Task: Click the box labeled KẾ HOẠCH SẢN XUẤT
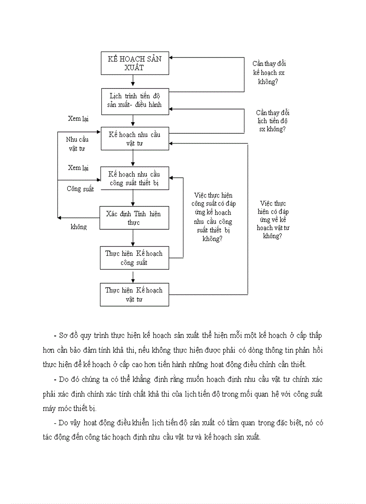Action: (x=134, y=63)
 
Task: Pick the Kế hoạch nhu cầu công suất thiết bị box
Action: (x=134, y=179)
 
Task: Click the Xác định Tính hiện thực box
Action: (x=134, y=218)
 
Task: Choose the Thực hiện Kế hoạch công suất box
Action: (x=134, y=258)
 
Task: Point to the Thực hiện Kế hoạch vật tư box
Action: (x=134, y=294)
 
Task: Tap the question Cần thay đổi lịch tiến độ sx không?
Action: (x=273, y=121)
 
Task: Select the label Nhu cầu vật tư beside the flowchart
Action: (x=77, y=144)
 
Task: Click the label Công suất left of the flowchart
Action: (x=80, y=189)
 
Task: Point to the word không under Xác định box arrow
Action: (x=78, y=227)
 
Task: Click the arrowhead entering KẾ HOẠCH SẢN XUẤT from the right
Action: (x=171, y=57)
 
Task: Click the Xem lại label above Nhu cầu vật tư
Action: (x=78, y=119)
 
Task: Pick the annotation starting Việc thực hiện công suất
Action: (x=213, y=217)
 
